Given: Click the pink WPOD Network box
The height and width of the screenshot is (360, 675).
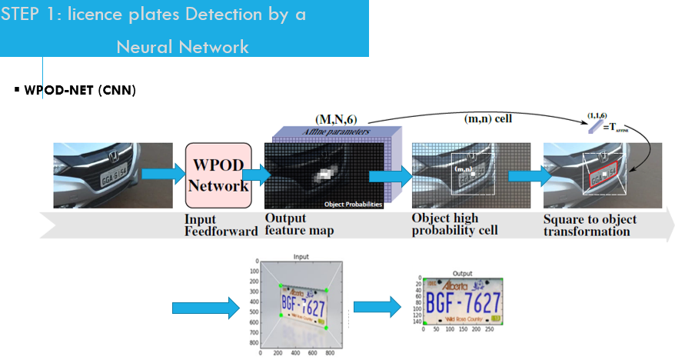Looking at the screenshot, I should point(219,175).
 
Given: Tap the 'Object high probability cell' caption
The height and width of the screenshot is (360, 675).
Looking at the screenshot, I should point(454,225).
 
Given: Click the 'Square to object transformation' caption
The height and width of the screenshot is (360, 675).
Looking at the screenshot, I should point(590,225).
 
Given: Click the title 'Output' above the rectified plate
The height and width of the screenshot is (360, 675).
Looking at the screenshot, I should point(462,272).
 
